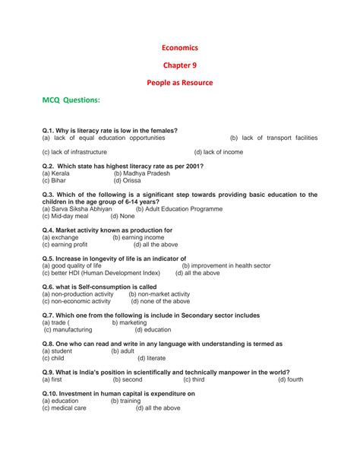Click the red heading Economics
[180, 48]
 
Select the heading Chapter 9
[180, 65]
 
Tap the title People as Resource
[180, 82]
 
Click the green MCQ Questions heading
[71, 100]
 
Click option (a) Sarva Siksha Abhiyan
[80, 208]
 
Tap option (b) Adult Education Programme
[179, 208]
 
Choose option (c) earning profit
[65, 245]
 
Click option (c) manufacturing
[68, 330]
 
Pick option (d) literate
[150, 358]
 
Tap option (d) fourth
[290, 379]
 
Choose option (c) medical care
[64, 408]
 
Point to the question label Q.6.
[50, 287]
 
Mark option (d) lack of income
[219, 152]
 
